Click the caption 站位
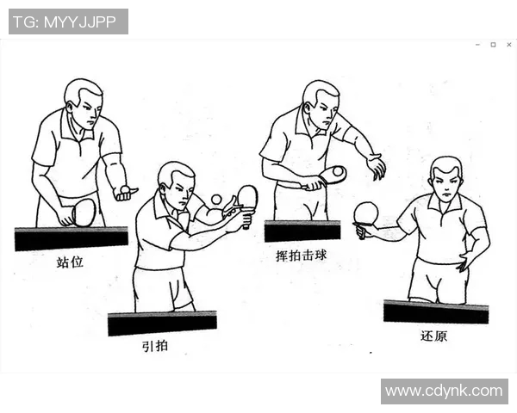tap(70, 262)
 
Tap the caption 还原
tap(433, 336)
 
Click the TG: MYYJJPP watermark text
tap(68, 22)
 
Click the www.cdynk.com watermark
tap(444, 391)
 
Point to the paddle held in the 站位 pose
tap(84, 213)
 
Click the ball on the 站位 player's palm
tap(126, 188)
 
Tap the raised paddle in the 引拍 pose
tap(247, 197)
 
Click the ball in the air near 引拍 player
tap(216, 200)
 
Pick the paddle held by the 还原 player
tap(366, 213)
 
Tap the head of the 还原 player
tap(445, 177)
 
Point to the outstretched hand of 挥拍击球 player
tap(376, 166)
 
